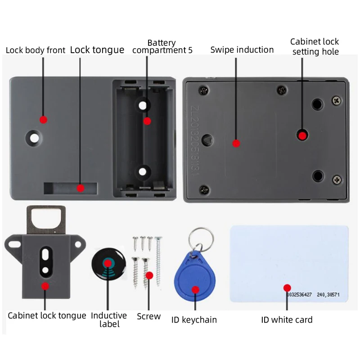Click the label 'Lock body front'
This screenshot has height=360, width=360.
pyautogui.click(x=36, y=50)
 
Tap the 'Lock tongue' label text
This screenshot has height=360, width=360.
pyautogui.click(x=97, y=49)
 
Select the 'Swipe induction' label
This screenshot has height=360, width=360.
pyautogui.click(x=242, y=49)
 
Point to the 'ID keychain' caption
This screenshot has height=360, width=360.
pyautogui.click(x=194, y=320)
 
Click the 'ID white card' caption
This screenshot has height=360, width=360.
pyautogui.click(x=287, y=320)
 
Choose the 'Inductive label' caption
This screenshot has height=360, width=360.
pyautogui.click(x=109, y=319)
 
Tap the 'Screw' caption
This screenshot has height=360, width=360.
pyautogui.click(x=148, y=316)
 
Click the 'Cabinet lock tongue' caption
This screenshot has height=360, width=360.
pyautogui.click(x=47, y=315)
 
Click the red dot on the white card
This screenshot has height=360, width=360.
pyautogui.click(x=287, y=288)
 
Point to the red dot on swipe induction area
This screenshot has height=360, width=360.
pyautogui.click(x=236, y=144)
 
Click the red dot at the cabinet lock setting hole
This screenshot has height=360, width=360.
pyautogui.click(x=302, y=135)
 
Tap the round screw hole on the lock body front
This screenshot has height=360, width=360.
pyautogui.click(x=33, y=137)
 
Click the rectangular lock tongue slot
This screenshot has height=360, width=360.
pyautogui.click(x=70, y=188)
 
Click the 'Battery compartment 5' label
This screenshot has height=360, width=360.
pyautogui.click(x=162, y=47)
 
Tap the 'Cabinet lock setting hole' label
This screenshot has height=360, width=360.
pyautogui.click(x=315, y=47)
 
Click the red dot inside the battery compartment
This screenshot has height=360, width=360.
pyautogui.click(x=147, y=121)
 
